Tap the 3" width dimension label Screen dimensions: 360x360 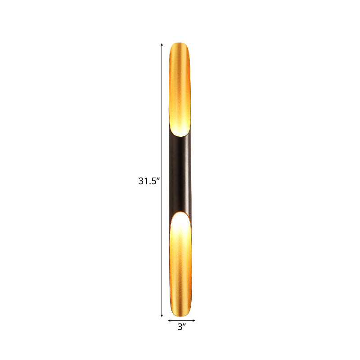[x=181, y=328]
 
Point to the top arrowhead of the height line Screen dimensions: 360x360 [x=162, y=45]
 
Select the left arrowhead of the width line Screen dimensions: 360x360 [x=169, y=320]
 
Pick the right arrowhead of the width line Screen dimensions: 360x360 [x=194, y=320]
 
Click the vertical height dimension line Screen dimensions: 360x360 [x=162, y=112]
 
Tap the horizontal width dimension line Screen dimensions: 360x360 [x=182, y=320]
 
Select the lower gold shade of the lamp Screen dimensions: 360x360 [x=182, y=279]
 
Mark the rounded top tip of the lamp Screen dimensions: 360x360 [x=182, y=44]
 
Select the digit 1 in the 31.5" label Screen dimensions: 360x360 [x=146, y=182]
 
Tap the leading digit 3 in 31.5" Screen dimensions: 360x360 [x=141, y=182]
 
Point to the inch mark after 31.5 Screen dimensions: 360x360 [x=158, y=179]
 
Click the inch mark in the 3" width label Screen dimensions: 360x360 [x=185, y=325]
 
